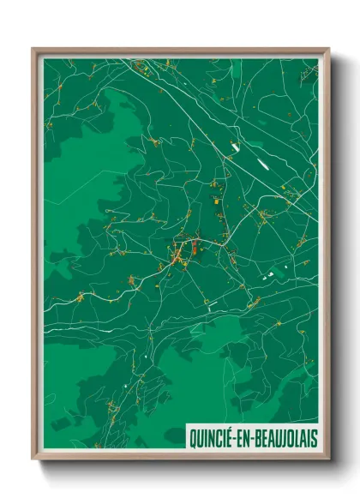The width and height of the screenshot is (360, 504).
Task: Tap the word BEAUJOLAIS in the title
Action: (283, 438)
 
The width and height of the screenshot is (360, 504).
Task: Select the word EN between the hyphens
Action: (241, 438)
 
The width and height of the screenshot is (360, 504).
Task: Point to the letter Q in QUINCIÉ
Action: (194, 438)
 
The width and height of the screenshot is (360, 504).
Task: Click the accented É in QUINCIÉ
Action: (229, 438)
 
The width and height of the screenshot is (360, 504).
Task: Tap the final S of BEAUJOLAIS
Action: (314, 438)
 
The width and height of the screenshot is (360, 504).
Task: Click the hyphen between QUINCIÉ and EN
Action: (234, 439)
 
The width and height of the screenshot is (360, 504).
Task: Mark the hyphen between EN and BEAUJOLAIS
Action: (249, 439)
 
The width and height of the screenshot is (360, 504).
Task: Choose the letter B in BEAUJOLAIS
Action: (255, 438)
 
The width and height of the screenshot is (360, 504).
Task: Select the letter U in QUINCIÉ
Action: (201, 438)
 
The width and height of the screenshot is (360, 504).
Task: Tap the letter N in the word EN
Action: (244, 438)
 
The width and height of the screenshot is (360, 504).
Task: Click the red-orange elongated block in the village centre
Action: (195, 249)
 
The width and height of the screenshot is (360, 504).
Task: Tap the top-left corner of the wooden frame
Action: (33, 49)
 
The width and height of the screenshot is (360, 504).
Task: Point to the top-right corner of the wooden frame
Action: (328, 49)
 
